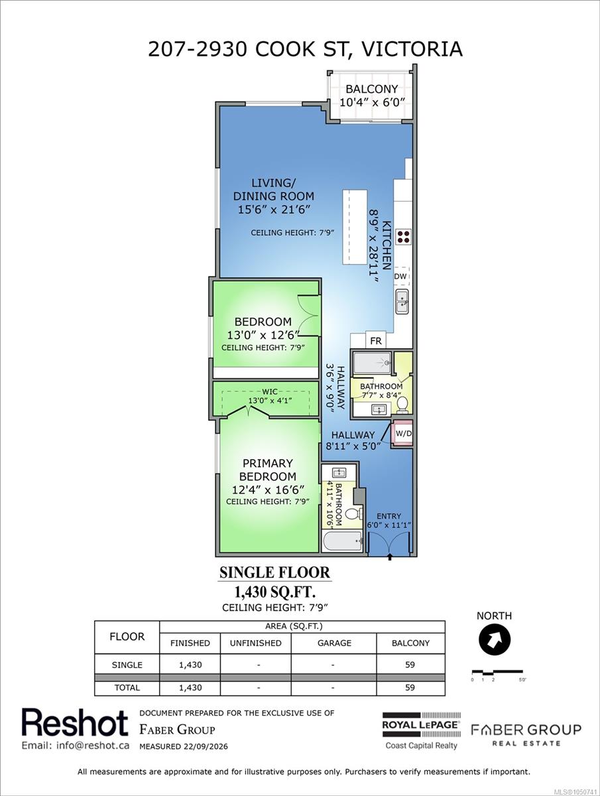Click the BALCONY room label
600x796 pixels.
point(371,89)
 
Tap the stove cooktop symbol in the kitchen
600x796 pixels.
point(404,237)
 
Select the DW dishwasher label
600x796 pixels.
point(400,277)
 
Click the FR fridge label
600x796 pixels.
point(376,341)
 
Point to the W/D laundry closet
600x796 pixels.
point(402,433)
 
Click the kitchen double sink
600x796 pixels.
point(402,301)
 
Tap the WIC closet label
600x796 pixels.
point(270,391)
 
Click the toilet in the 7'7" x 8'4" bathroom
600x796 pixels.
point(402,405)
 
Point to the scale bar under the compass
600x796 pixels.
point(497,673)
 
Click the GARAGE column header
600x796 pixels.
point(334,643)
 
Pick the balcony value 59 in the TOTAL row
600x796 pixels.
point(410,688)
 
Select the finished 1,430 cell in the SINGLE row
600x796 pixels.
point(190,665)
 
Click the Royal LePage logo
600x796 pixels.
point(422,730)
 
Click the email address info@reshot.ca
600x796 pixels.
point(76,746)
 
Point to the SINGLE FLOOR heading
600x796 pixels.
point(274,572)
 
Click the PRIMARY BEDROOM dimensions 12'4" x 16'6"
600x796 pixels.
point(268,490)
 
